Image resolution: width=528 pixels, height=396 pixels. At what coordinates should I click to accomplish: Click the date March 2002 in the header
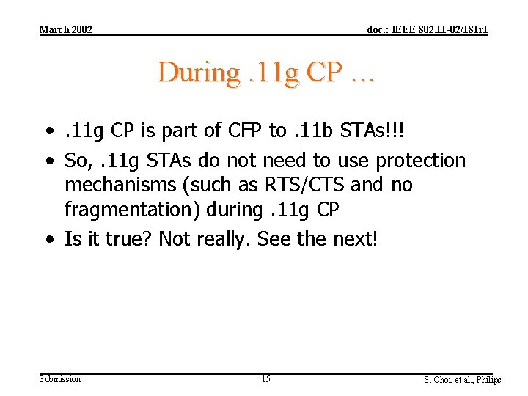(x=65, y=29)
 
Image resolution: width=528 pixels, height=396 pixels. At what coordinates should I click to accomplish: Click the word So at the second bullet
(x=76, y=160)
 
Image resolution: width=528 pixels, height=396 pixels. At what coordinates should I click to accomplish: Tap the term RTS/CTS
(x=307, y=185)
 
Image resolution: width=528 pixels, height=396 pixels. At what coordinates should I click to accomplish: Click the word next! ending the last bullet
(x=355, y=239)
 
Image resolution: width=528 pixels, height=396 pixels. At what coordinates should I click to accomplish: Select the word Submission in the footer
(x=59, y=379)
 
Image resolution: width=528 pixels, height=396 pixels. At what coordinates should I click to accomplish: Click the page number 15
(x=265, y=379)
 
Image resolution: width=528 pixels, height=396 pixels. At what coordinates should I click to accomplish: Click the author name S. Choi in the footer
(x=439, y=380)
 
